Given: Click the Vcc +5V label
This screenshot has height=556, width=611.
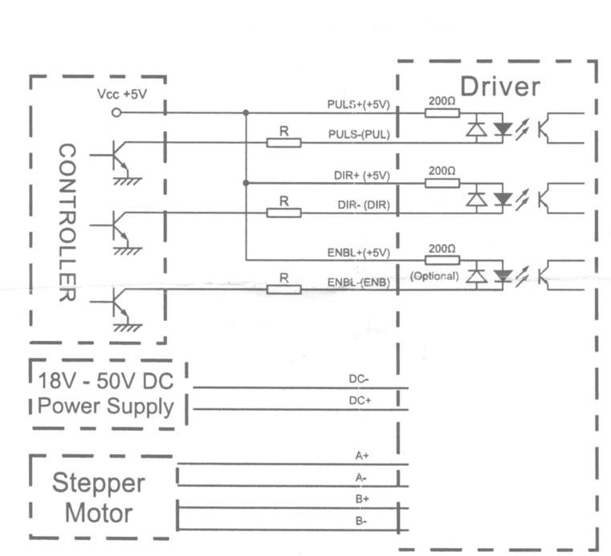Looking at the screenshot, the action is (122, 94).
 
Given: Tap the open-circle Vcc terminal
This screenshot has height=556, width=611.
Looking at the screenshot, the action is (116, 113).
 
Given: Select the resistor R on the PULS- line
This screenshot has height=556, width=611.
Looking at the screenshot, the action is (284, 143).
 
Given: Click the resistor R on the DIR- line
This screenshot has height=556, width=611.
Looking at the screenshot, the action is (284, 213).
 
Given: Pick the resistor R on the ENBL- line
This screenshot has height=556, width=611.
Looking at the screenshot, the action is (284, 290).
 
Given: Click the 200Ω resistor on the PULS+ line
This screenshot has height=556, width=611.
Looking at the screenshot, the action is (442, 113).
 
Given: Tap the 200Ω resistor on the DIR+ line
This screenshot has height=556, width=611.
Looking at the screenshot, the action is (442, 183).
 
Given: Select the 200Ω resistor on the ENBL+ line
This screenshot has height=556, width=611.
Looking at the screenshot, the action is (442, 260).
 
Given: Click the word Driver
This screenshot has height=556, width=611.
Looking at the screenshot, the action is (500, 87).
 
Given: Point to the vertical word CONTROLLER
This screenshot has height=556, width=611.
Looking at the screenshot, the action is (67, 222).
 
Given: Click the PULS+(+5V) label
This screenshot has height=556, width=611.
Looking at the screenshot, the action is (359, 104).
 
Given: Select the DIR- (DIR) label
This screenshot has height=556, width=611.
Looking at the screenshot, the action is (364, 205).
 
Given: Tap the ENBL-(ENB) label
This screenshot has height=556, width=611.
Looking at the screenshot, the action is (359, 282).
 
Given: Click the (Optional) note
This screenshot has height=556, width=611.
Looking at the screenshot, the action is (434, 276).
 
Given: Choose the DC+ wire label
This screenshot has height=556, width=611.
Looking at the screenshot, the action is (360, 400).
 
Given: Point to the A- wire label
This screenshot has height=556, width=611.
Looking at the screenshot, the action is (361, 477).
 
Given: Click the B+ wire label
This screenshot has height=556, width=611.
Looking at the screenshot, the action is (362, 499).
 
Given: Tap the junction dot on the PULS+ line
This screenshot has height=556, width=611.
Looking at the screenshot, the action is (246, 113).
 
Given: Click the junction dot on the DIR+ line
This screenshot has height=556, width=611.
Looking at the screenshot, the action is (246, 183).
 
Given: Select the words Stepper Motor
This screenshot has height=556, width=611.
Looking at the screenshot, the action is (99, 497).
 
